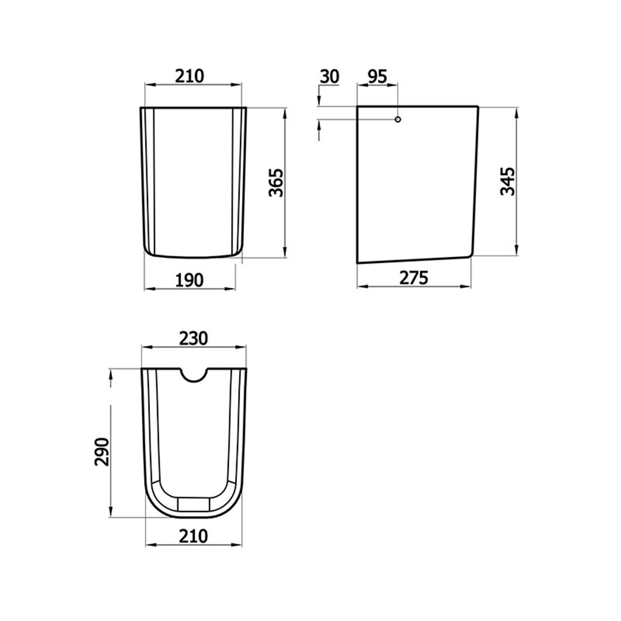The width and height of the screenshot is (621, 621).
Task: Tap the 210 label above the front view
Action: pos(189,76)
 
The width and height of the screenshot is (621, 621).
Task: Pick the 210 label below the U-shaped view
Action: pos(193,536)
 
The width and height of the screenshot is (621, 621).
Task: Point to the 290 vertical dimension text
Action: pos(102,452)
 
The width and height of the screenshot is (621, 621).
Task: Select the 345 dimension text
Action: pos(508,181)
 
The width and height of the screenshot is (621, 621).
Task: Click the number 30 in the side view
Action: pos(329,76)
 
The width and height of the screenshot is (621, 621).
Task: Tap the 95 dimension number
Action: pos(377,76)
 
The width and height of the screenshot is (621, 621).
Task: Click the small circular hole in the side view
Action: pos(397,120)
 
